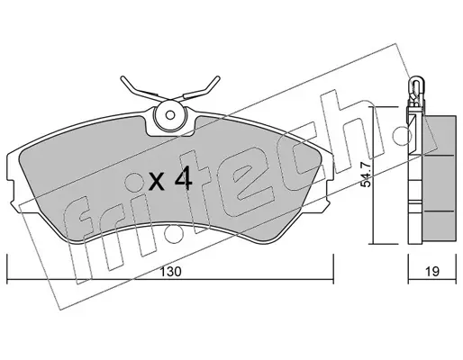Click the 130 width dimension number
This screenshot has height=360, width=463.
[170, 272]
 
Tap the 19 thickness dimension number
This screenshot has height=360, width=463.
[432, 272]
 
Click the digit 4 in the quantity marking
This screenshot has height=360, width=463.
[184, 178]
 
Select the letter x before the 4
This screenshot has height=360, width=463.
[157, 182]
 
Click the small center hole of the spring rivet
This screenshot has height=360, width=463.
[170, 115]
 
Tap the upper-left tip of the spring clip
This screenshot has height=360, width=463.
[123, 78]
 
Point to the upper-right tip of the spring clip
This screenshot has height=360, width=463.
[218, 77]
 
